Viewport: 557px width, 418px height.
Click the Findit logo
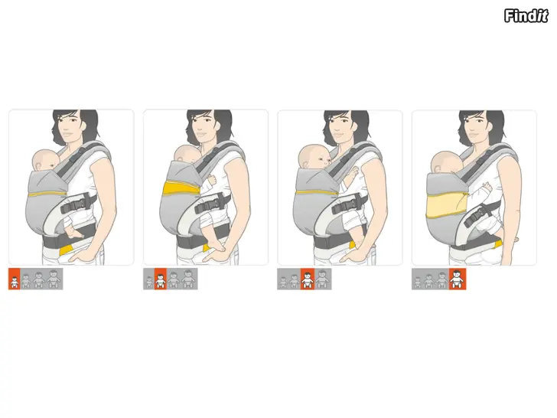tap(526, 16)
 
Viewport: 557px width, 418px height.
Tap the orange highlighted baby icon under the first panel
tap(15, 279)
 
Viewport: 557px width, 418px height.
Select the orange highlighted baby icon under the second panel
tap(161, 279)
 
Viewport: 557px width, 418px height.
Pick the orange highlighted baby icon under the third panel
tap(308, 279)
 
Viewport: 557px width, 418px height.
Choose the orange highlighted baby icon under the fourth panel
tap(458, 279)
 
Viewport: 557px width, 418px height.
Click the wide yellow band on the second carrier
tap(181, 188)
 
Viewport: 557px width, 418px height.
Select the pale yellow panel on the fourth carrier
tap(446, 205)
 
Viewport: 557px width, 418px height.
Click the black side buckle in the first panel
tap(77, 203)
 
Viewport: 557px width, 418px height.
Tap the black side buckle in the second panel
tap(212, 204)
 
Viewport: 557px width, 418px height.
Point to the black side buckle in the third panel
tap(348, 204)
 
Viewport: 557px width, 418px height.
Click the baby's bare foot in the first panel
tap(75, 233)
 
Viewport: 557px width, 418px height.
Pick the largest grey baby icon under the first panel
tap(53, 279)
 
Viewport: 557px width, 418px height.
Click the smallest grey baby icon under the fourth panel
tap(418, 282)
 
